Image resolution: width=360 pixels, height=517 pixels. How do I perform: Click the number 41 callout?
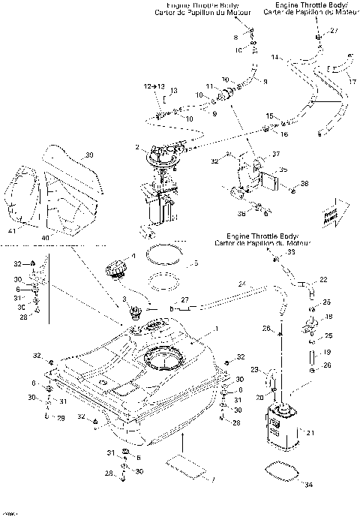click(10, 233)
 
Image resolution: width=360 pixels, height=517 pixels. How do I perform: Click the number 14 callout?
click(274, 57)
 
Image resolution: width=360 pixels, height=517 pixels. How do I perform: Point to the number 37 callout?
click(277, 155)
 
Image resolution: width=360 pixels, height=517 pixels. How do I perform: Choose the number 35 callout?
click(283, 170)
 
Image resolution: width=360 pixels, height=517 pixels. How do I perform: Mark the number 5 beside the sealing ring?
click(196, 264)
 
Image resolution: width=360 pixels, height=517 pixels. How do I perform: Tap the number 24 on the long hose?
click(242, 284)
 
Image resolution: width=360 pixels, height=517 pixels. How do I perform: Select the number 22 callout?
click(324, 280)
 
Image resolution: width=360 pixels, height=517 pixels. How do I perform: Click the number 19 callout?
click(326, 351)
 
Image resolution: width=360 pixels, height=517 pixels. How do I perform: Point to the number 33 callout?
click(292, 253)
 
